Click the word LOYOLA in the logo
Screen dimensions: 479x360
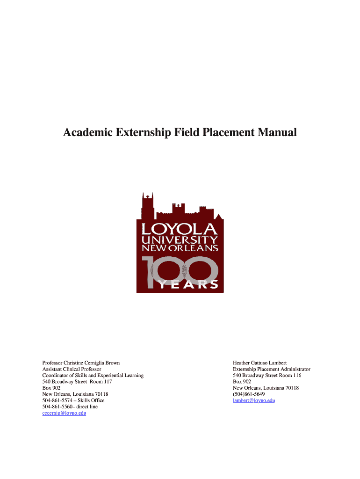click(180, 230)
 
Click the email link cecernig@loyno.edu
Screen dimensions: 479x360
click(64, 413)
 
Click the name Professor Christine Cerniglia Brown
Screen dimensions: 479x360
click(81, 363)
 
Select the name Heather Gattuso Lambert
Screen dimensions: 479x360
click(259, 363)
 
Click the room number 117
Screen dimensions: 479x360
click(108, 382)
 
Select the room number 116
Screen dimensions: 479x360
click(296, 375)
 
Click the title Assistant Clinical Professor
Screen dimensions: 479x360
click(72, 369)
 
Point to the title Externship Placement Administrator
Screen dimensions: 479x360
click(271, 369)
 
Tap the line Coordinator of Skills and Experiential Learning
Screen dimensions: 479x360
click(93, 375)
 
